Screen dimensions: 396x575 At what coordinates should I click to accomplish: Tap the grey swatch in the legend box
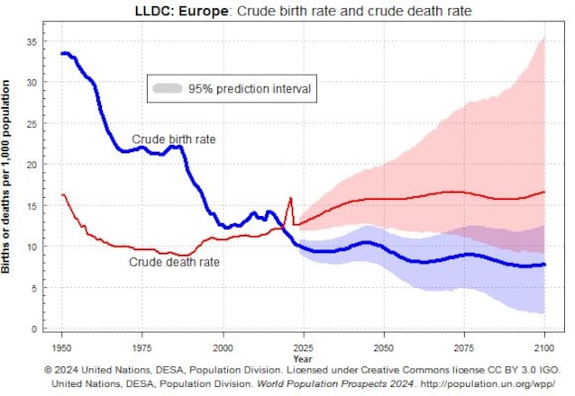pyautogui.click(x=167, y=89)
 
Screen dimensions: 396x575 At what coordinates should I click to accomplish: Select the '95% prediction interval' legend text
pyautogui.click(x=249, y=89)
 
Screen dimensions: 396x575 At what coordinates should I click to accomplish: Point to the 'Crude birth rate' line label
pyautogui.click(x=174, y=139)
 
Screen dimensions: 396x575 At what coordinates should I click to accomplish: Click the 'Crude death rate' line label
pyautogui.click(x=174, y=263)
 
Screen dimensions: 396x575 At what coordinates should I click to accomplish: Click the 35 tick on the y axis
pyautogui.click(x=32, y=41)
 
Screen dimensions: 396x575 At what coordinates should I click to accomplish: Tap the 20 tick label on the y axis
pyautogui.click(x=32, y=165)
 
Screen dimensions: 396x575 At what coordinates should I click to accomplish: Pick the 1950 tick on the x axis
pyautogui.click(x=62, y=346)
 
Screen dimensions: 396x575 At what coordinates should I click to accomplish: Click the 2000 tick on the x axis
pyautogui.click(x=223, y=346)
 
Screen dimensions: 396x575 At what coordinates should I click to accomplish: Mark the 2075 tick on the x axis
pyautogui.click(x=464, y=346)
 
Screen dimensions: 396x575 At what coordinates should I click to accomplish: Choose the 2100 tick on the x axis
pyautogui.click(x=544, y=346)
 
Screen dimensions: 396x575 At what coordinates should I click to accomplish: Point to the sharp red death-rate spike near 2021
pyautogui.click(x=290, y=199)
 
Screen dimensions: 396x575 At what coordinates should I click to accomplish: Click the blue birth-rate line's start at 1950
pyautogui.click(x=62, y=54)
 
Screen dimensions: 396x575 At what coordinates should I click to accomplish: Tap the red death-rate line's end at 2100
pyautogui.click(x=543, y=192)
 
